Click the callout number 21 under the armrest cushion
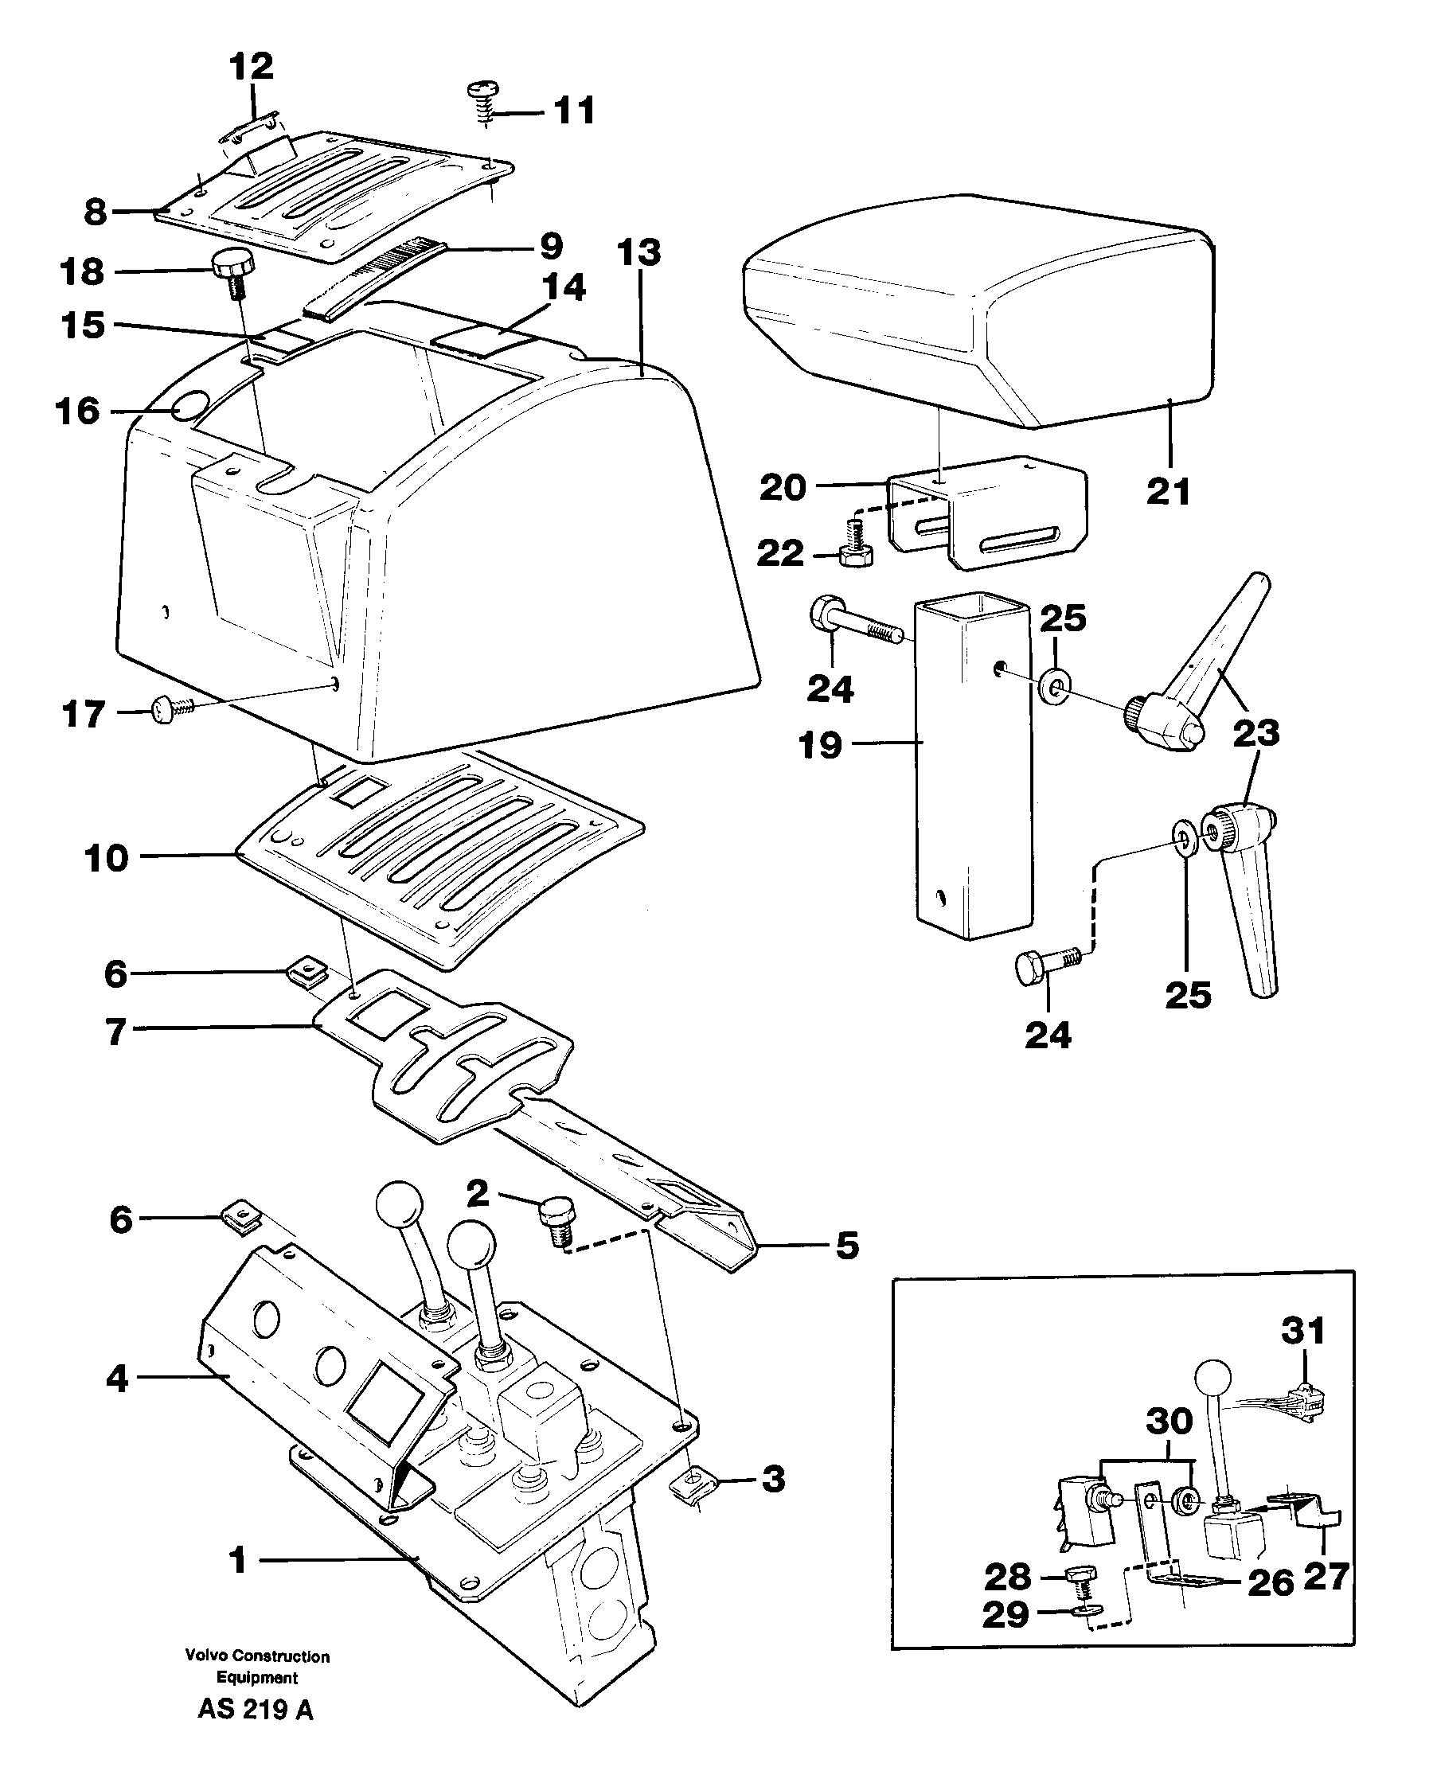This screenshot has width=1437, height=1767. pyautogui.click(x=1167, y=492)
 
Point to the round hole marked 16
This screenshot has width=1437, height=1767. pyautogui.click(x=190, y=408)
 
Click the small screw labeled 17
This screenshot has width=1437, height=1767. pyautogui.click(x=168, y=708)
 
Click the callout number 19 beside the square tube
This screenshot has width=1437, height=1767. pyautogui.click(x=819, y=745)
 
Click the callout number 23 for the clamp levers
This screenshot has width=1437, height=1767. pyautogui.click(x=1255, y=733)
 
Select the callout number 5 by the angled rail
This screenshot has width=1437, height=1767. pyautogui.click(x=847, y=1246)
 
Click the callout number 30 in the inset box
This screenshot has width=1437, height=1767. pyautogui.click(x=1168, y=1420)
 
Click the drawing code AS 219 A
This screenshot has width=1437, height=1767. pyautogui.click(x=255, y=1709)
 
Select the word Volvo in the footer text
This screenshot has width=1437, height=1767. pyautogui.click(x=205, y=1656)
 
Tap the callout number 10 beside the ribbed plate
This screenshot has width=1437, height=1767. pyautogui.click(x=107, y=858)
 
